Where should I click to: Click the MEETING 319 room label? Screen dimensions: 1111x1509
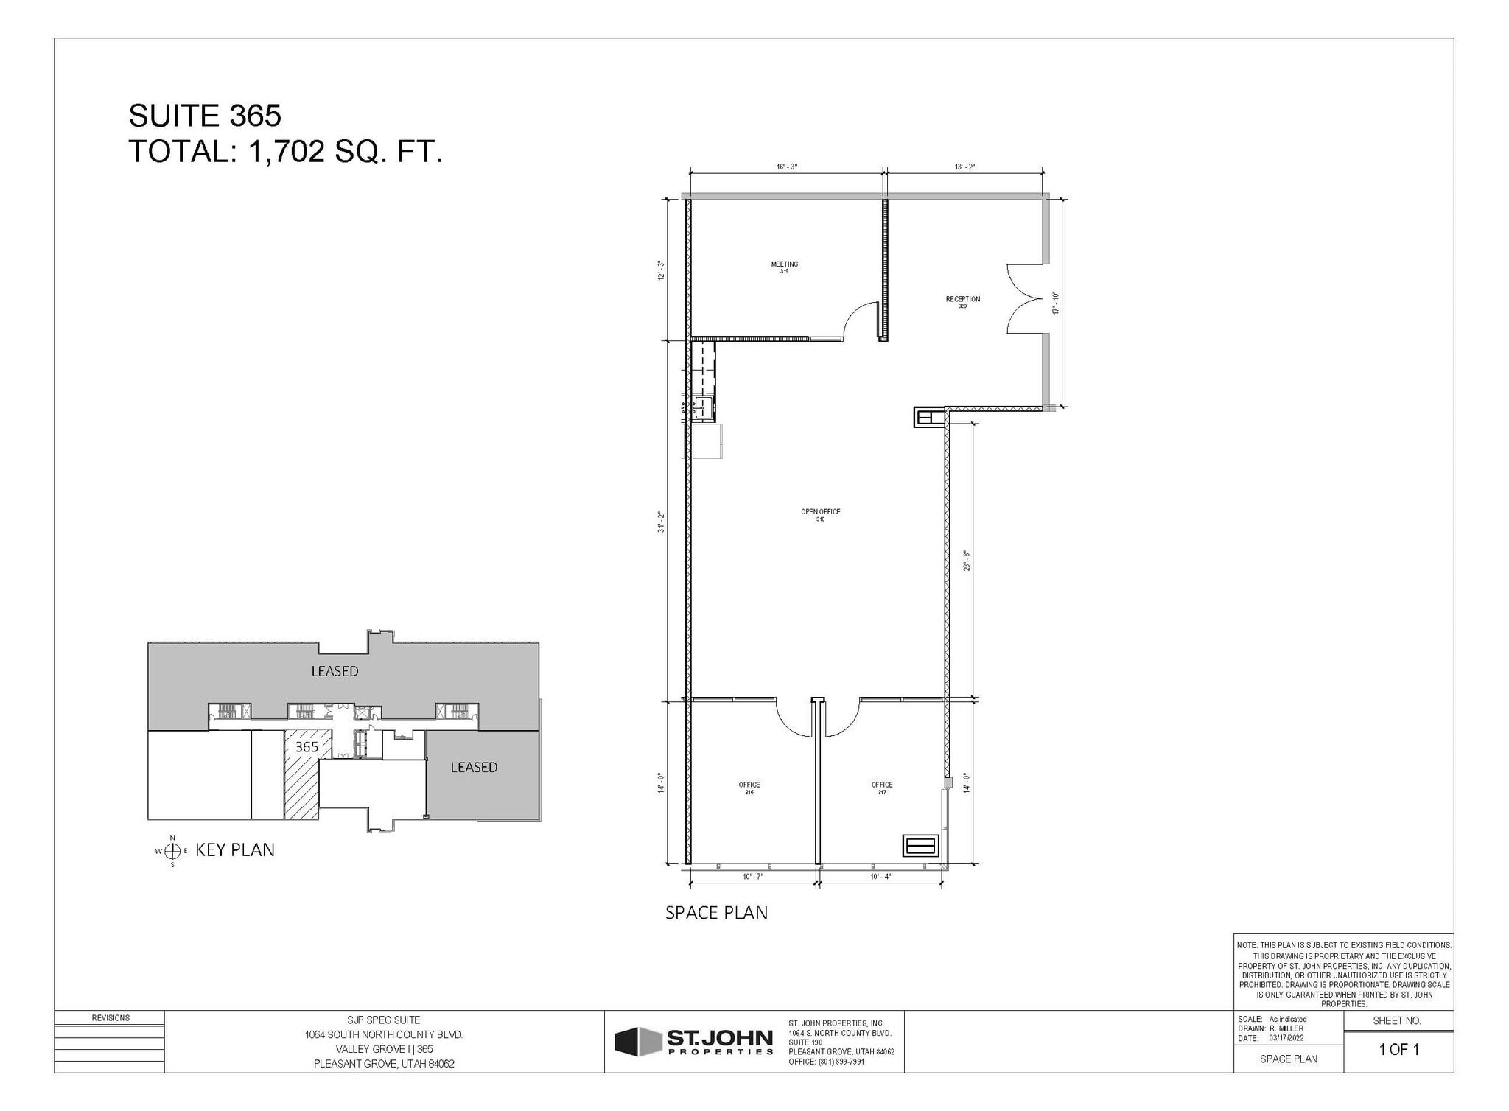click(784, 267)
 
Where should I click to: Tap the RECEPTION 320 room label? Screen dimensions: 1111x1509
click(962, 302)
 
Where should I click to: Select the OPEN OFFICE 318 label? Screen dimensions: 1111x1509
click(820, 515)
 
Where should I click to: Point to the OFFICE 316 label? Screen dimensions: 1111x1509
click(749, 788)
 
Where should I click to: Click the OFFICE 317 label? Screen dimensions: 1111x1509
click(881, 788)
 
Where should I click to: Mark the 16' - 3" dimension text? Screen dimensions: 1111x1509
click(786, 167)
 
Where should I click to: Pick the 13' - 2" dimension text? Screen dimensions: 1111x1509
click(964, 167)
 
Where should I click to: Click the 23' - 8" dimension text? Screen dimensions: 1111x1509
click(966, 561)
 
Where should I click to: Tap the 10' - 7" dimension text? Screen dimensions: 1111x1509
click(753, 877)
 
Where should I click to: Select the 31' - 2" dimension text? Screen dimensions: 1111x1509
click(662, 522)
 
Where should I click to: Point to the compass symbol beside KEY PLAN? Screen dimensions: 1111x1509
click(172, 851)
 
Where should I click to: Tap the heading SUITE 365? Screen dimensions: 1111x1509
click(205, 116)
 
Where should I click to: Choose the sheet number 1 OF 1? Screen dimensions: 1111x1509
click(1398, 1050)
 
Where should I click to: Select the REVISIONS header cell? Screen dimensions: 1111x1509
click(110, 1018)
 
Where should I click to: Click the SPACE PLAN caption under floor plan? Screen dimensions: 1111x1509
click(716, 913)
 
